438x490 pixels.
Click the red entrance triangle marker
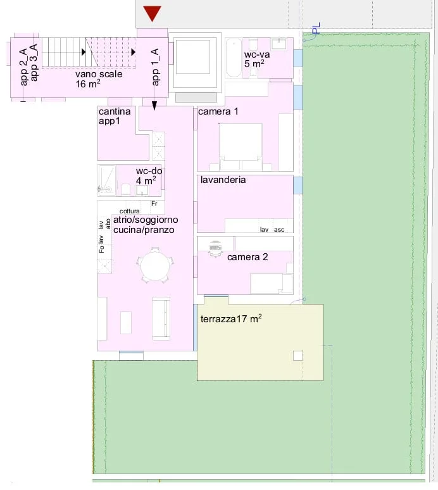click(152, 13)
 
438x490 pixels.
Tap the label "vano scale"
click(99, 74)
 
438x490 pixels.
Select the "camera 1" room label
click(218, 111)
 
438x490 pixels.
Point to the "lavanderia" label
click(223, 180)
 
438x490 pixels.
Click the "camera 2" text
click(247, 257)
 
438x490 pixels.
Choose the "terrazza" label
click(218, 318)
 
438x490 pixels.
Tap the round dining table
click(155, 266)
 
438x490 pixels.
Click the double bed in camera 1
click(241, 147)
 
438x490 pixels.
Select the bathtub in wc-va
click(234, 58)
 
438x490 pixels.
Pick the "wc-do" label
click(149, 171)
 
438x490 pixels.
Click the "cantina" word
click(115, 111)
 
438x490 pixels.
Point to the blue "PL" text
click(316, 28)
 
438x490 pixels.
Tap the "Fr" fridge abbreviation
click(154, 203)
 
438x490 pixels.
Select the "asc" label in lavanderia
click(279, 230)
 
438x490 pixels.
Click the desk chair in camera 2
click(215, 248)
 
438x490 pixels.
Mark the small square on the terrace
click(298, 356)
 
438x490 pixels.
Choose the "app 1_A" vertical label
click(155, 67)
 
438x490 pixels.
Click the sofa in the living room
click(161, 318)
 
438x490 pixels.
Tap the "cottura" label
click(129, 211)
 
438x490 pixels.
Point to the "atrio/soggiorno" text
click(146, 220)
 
